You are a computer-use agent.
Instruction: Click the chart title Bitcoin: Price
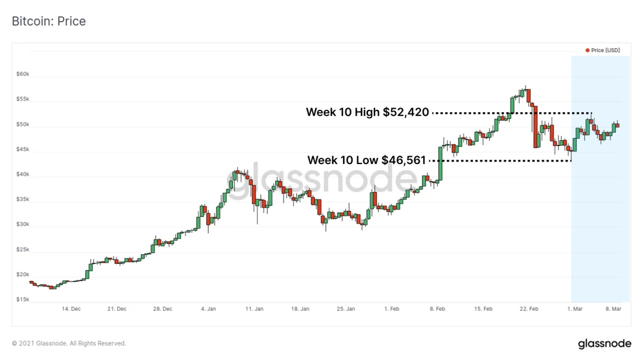[49, 21]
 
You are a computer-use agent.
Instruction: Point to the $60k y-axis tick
[23, 74]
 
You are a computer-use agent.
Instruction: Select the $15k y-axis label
[23, 299]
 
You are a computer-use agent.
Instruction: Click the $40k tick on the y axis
[23, 175]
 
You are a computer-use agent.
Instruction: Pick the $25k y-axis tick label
[23, 250]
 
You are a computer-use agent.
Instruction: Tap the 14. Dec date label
[71, 309]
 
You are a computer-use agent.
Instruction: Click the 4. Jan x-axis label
[209, 309]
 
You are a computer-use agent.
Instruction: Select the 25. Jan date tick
[346, 309]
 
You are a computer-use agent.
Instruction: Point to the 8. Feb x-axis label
[438, 309]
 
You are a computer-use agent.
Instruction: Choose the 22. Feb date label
[529, 309]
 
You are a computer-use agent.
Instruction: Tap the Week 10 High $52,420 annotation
[367, 112]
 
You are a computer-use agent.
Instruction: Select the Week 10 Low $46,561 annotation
[366, 160]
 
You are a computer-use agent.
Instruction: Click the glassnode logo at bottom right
[604, 344]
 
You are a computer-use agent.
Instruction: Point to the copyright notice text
[69, 343]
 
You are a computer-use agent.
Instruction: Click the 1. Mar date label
[575, 309]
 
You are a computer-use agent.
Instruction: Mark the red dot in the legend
[587, 50]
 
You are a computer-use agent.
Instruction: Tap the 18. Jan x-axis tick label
[300, 309]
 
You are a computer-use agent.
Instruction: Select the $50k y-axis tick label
[23, 125]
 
